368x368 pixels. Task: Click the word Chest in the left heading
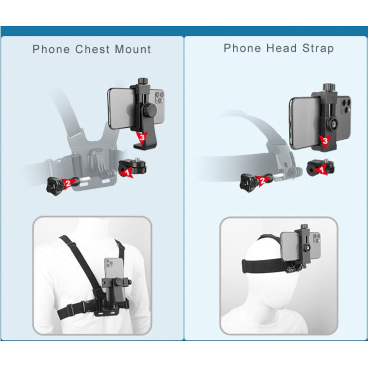coord(92,49)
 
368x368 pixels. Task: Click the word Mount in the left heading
coord(133,49)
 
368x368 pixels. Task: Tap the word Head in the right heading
coord(282,48)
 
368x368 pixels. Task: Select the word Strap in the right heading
coord(318,49)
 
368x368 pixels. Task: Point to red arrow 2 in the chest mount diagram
coord(68,182)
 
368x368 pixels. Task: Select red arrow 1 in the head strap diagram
coord(321,169)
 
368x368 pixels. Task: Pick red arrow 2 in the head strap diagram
coord(262,180)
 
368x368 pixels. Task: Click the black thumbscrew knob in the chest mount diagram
coord(55,186)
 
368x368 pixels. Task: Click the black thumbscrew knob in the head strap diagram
coord(248,183)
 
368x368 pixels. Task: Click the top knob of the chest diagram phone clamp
coord(142,81)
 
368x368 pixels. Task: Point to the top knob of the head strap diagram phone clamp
coord(328,87)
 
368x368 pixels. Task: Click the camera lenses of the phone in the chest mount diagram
coord(160,97)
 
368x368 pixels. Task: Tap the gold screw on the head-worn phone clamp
coord(307,247)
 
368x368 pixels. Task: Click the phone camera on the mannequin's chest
coord(109,263)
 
